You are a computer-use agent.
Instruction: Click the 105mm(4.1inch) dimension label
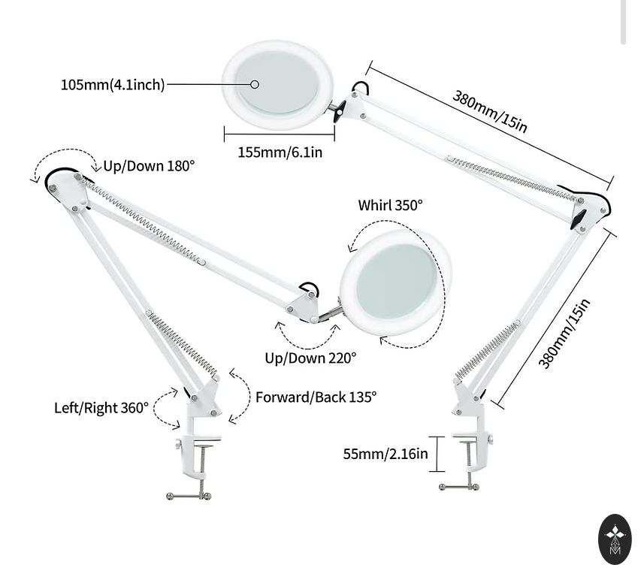point(113,84)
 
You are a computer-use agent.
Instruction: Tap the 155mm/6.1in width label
point(280,152)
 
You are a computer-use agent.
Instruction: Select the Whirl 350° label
point(390,205)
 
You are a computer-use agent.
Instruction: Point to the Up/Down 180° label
point(149,166)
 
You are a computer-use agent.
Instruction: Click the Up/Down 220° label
point(310,358)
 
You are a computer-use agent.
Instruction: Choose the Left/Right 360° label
point(101,408)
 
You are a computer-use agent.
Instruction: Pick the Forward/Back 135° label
point(316,397)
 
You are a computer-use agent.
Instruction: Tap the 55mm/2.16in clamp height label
point(385,454)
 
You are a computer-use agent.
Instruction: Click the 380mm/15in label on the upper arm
point(490,111)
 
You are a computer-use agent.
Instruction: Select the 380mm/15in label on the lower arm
point(565,334)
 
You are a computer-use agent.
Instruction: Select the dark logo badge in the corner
point(615,539)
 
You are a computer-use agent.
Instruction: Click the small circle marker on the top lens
point(255,84)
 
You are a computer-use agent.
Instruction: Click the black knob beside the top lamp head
point(340,111)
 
